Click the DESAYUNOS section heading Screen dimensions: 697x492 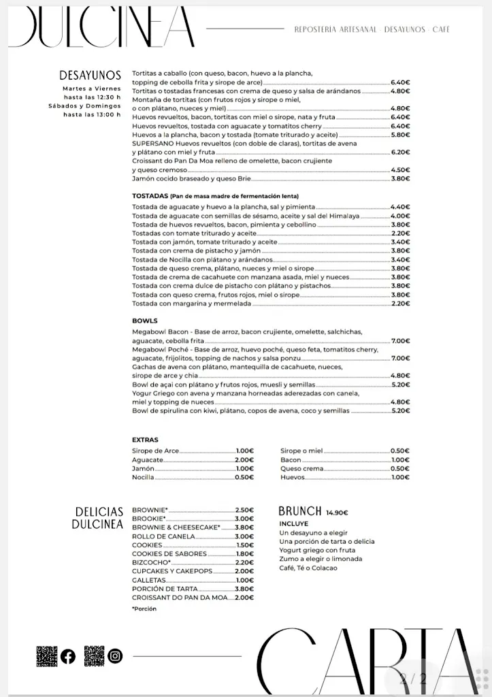pyautogui.click(x=90, y=75)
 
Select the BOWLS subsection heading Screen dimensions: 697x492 pyautogui.click(x=144, y=321)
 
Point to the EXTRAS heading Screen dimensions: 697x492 pyautogui.click(x=145, y=440)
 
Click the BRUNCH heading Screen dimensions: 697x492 pyautogui.click(x=299, y=511)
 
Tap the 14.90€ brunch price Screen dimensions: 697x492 pyautogui.click(x=337, y=513)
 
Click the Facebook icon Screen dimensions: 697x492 pyautogui.click(x=68, y=656)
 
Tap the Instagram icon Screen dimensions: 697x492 pyautogui.click(x=116, y=656)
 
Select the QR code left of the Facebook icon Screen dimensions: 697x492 pyautogui.click(x=46, y=656)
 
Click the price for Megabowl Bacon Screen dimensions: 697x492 pyautogui.click(x=400, y=340)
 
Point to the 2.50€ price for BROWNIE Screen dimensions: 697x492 pyautogui.click(x=244, y=510)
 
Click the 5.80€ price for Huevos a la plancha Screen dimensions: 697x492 pyautogui.click(x=400, y=135)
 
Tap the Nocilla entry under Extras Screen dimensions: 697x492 pyautogui.click(x=143, y=477)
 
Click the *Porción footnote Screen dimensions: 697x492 pyautogui.click(x=144, y=609)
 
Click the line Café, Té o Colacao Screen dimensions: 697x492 pyautogui.click(x=308, y=568)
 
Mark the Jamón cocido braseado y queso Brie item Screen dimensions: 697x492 pyautogui.click(x=191, y=178)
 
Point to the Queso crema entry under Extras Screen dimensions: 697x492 pyautogui.click(x=301, y=468)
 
